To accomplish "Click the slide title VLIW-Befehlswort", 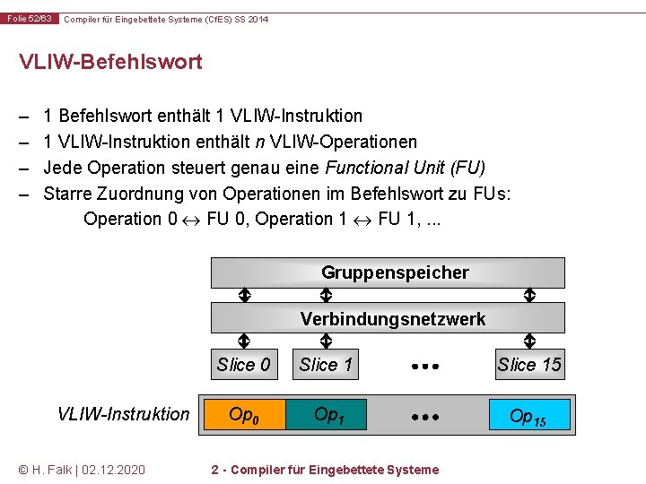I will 110,62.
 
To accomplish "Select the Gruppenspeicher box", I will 388,272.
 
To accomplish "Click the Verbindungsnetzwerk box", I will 388,319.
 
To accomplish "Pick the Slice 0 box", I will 243,364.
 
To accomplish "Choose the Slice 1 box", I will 327,364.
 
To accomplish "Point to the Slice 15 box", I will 529,364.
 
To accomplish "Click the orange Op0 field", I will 243,415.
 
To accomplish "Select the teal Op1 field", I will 327,415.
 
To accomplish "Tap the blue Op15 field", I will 529,416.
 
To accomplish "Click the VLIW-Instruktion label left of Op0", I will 123,414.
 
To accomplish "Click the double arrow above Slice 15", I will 529,341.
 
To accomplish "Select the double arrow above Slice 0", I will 243,341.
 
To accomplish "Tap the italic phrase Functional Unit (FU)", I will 405,168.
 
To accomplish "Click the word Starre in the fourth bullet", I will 68,194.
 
